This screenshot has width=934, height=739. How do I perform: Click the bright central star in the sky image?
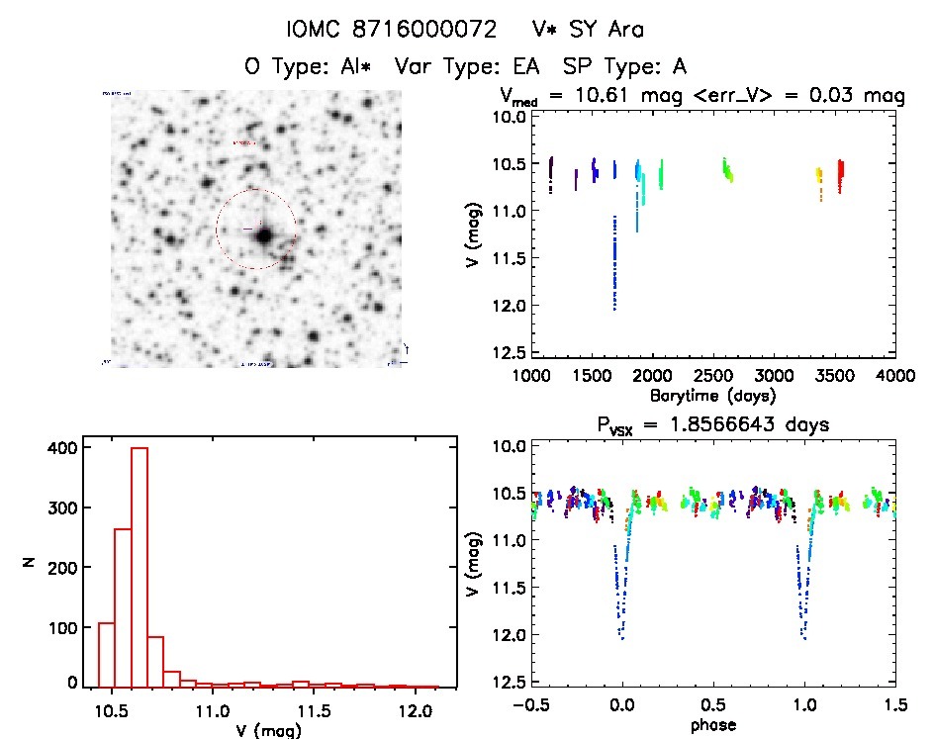264,236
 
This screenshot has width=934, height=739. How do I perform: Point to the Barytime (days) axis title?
712,395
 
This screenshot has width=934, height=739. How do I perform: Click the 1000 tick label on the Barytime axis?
532,376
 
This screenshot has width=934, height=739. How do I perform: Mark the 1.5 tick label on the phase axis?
894,706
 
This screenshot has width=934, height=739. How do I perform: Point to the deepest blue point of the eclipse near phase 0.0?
623,638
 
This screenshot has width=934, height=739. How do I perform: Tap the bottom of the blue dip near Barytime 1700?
614,309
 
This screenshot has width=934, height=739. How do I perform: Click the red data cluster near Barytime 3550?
840,175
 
